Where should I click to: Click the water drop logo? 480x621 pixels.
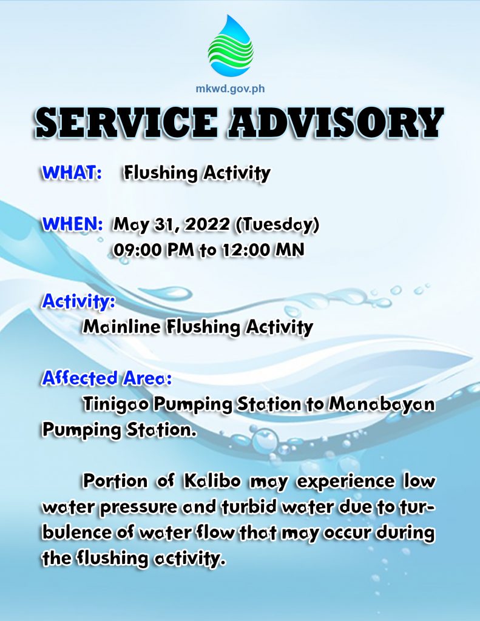(230, 45)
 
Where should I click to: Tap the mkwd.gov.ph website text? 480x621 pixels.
(230, 89)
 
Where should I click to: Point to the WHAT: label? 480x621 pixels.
(72, 173)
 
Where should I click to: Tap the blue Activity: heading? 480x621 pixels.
(78, 301)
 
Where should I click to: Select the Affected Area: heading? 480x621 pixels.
(107, 378)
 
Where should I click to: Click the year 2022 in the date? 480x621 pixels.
(208, 224)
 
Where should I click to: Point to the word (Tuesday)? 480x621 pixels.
(277, 225)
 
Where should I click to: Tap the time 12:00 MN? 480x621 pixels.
(263, 250)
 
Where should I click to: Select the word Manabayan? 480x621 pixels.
(382, 405)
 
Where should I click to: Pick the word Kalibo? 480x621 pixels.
(212, 481)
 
